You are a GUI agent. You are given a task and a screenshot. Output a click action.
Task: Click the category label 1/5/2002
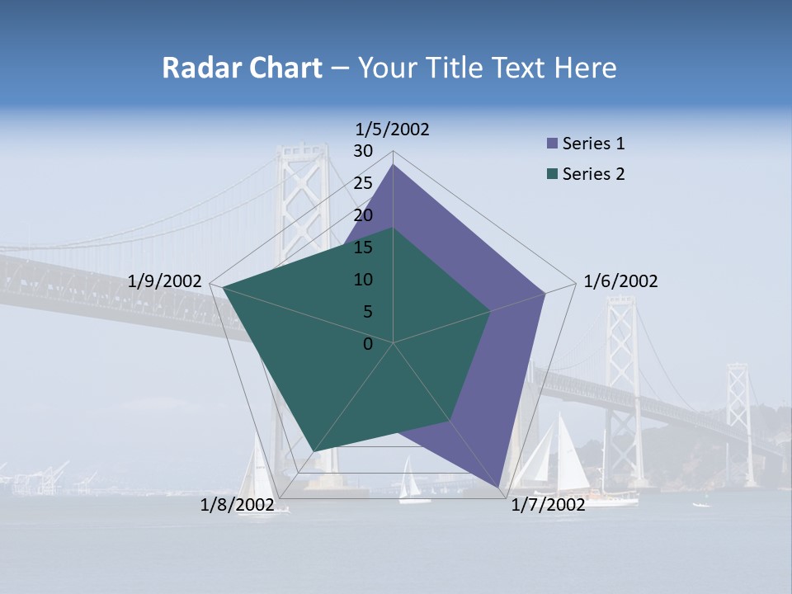pos(393,130)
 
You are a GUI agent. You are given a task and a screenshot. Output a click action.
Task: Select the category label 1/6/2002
pos(620,281)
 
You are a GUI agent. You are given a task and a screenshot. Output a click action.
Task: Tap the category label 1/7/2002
pos(548,504)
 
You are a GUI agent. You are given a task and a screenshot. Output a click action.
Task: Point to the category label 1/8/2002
pos(237,504)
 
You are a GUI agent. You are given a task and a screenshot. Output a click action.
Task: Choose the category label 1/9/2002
pos(165,281)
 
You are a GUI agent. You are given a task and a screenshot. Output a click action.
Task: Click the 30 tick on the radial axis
pos(363,151)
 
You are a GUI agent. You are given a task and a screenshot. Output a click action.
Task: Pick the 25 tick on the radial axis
pos(363,183)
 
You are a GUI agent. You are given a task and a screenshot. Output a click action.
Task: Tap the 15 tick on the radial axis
pos(363,247)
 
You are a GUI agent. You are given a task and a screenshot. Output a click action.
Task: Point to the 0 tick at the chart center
pos(368,344)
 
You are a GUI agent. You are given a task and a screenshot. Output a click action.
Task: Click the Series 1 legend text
pos(593,144)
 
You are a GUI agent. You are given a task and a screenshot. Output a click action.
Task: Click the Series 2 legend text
pos(593,174)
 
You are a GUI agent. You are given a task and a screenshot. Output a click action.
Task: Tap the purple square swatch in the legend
pos(552,144)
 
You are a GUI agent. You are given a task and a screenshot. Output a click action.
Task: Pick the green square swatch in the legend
pos(552,174)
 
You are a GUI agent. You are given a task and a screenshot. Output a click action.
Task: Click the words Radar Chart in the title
pos(242,68)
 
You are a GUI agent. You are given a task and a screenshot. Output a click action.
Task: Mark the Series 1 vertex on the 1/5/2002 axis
pos(393,164)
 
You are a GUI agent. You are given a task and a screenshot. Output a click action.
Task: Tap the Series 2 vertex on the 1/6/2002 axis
pos(491,311)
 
